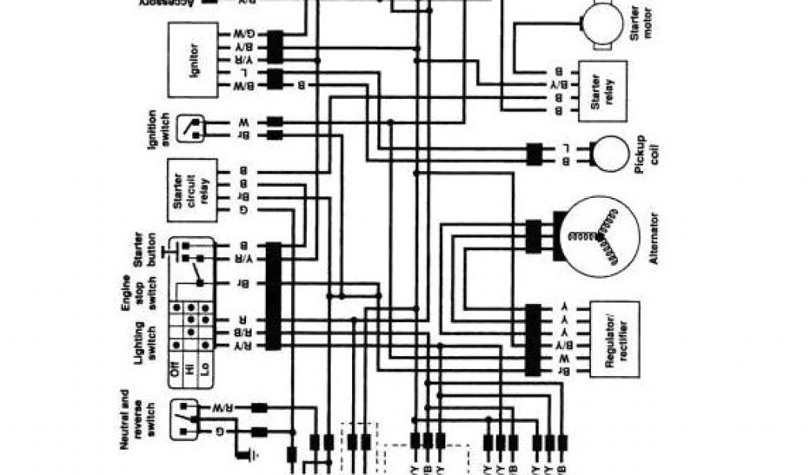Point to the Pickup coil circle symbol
point(610,153)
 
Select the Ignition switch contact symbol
point(190,128)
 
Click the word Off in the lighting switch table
point(175,369)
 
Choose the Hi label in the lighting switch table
point(190,370)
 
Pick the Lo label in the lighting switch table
point(205,370)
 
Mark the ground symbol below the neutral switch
point(251,458)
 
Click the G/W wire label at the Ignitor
point(244,35)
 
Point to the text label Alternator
point(655,237)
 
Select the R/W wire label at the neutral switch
point(224,408)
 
